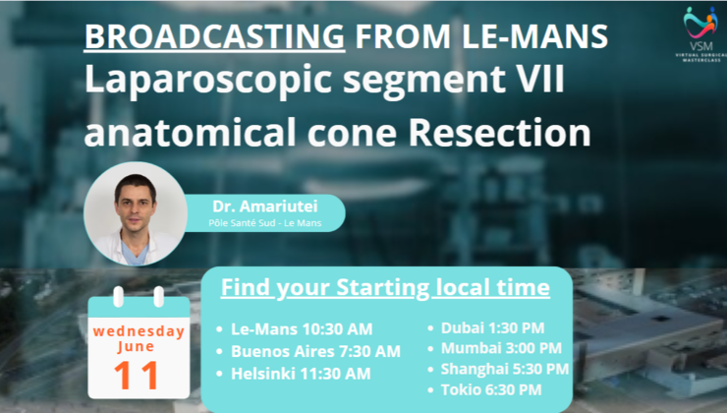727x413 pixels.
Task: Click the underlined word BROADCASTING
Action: (213, 36)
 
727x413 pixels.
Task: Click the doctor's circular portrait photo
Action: (136, 213)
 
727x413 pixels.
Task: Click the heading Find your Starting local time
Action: (384, 289)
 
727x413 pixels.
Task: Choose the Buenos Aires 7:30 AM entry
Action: (315, 351)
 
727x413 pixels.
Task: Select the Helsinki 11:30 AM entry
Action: (301, 373)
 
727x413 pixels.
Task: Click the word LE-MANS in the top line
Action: (518, 36)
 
